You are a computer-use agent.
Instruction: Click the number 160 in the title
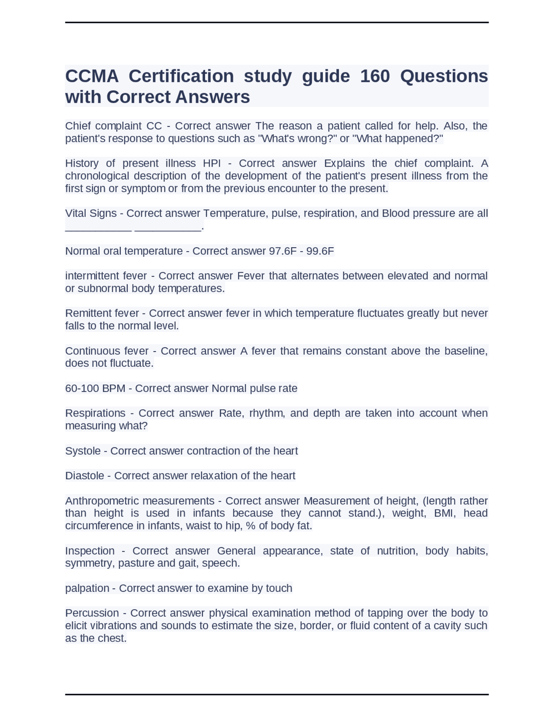point(375,76)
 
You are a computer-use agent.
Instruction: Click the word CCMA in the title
point(92,76)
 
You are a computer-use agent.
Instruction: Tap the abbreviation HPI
point(212,163)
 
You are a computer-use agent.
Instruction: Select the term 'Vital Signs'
point(91,213)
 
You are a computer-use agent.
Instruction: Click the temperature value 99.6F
point(320,251)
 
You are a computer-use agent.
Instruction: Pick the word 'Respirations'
point(95,413)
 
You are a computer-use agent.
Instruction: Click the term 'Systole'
point(83,451)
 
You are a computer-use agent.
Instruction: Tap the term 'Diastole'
point(85,476)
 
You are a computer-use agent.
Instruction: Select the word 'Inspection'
point(90,551)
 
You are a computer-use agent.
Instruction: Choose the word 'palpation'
point(87,588)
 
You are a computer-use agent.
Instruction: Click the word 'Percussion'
point(92,613)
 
